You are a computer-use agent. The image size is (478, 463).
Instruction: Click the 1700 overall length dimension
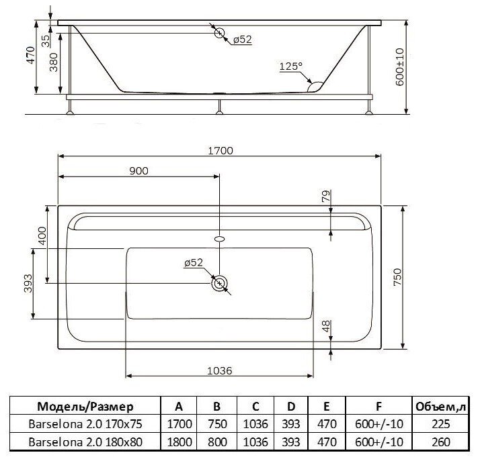220,150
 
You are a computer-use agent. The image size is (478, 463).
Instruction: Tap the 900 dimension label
138,171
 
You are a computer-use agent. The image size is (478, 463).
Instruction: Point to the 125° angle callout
291,66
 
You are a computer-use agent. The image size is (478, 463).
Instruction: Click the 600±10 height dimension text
399,67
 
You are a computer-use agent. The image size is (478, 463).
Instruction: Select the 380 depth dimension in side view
54,62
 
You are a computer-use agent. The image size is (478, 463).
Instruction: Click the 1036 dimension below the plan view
219,371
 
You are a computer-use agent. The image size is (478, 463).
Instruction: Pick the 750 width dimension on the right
397,277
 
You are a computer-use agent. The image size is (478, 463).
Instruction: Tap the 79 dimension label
326,196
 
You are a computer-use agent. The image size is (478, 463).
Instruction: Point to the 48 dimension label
326,326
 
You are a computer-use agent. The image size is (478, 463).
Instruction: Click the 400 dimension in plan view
42,236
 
